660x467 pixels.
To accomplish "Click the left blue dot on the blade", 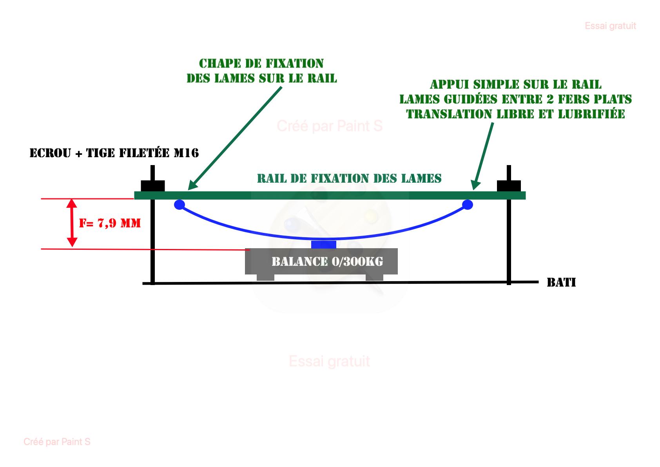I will [x=180, y=204].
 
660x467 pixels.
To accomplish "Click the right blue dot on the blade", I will [x=468, y=204].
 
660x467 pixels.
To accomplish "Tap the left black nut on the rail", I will [x=153, y=185].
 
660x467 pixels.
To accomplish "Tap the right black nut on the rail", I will [x=509, y=185].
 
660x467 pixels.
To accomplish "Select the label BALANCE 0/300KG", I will [x=327, y=262].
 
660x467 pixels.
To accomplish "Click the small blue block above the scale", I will [x=324, y=245].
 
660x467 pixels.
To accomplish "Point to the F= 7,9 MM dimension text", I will [x=110, y=223].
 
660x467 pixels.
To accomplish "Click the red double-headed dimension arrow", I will [x=72, y=223].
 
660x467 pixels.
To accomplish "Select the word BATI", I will [x=561, y=282].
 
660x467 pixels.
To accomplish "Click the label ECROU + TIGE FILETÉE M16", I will [x=114, y=153].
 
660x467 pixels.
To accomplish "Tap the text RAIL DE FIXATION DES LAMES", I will [x=349, y=178].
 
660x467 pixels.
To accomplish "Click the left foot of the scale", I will [x=265, y=277].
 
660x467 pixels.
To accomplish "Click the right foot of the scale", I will [x=374, y=277].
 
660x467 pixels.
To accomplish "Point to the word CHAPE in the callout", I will [x=220, y=64].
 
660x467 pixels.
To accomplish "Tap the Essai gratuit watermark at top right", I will [x=610, y=26].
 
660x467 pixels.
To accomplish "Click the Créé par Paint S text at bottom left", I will [x=57, y=442].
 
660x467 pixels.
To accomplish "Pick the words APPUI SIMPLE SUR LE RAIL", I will [x=515, y=84].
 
